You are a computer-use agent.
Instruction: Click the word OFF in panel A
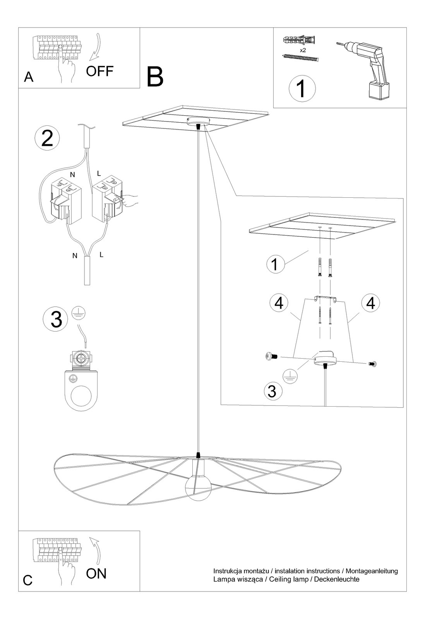click(x=99, y=71)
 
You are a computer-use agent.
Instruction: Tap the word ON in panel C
click(x=96, y=574)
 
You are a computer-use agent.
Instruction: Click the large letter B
click(x=155, y=77)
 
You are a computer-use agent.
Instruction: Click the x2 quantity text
click(x=303, y=50)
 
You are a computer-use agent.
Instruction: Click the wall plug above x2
click(x=299, y=40)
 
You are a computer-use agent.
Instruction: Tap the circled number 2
click(x=47, y=138)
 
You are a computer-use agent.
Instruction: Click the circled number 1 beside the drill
click(x=302, y=89)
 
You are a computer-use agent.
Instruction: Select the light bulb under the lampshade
click(x=198, y=488)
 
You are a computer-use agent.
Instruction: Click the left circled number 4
click(x=279, y=303)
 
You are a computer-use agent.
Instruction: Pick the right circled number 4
click(x=370, y=303)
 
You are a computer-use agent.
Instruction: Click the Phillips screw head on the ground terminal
click(x=82, y=359)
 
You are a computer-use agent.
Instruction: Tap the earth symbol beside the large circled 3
click(x=79, y=313)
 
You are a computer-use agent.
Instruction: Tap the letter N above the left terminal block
click(x=72, y=174)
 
